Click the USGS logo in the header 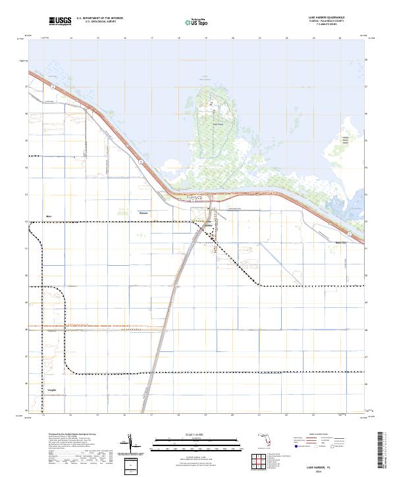60,22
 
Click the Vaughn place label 51,389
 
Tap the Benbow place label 144,213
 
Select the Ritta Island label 218,122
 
